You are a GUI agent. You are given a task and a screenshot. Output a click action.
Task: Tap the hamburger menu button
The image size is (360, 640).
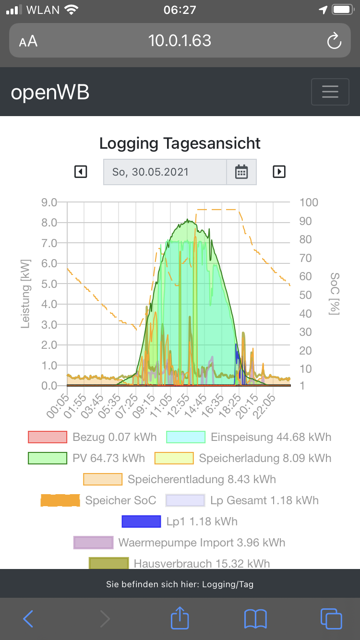click(x=330, y=92)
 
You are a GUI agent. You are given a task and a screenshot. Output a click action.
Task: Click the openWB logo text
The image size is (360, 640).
click(x=50, y=92)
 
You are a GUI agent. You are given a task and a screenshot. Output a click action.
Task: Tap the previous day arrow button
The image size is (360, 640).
click(x=81, y=172)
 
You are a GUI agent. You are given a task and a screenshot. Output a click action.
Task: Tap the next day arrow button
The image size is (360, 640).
click(x=279, y=172)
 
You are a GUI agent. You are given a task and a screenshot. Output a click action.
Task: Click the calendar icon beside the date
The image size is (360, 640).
click(x=241, y=172)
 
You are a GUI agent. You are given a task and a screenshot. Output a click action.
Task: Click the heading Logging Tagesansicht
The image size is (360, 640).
click(x=180, y=143)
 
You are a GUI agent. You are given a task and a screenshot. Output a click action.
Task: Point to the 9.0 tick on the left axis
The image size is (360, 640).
click(x=50, y=202)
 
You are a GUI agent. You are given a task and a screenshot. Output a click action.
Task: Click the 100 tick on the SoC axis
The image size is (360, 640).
click(x=309, y=202)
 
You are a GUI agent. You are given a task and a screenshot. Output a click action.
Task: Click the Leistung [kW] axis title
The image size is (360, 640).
click(x=25, y=294)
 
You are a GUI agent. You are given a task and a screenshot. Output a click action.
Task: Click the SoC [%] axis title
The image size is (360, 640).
click(x=335, y=294)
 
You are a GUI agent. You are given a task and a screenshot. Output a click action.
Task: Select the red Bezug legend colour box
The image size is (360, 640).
click(x=47, y=437)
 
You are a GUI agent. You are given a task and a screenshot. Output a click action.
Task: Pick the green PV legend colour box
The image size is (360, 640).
click(x=47, y=458)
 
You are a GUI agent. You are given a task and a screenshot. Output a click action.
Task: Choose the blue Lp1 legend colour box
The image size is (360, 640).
click(x=141, y=521)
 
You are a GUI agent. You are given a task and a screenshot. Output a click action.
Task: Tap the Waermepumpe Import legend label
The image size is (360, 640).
click(x=202, y=543)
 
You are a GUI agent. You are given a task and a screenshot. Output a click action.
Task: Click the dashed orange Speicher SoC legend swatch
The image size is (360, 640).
click(x=60, y=500)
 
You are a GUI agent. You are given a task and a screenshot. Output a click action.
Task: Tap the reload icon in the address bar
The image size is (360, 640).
click(x=334, y=41)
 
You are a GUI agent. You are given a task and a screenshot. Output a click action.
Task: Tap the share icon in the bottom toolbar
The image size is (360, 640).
click(x=180, y=618)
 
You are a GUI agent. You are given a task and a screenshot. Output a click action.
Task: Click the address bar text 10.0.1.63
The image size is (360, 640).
click(x=180, y=41)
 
